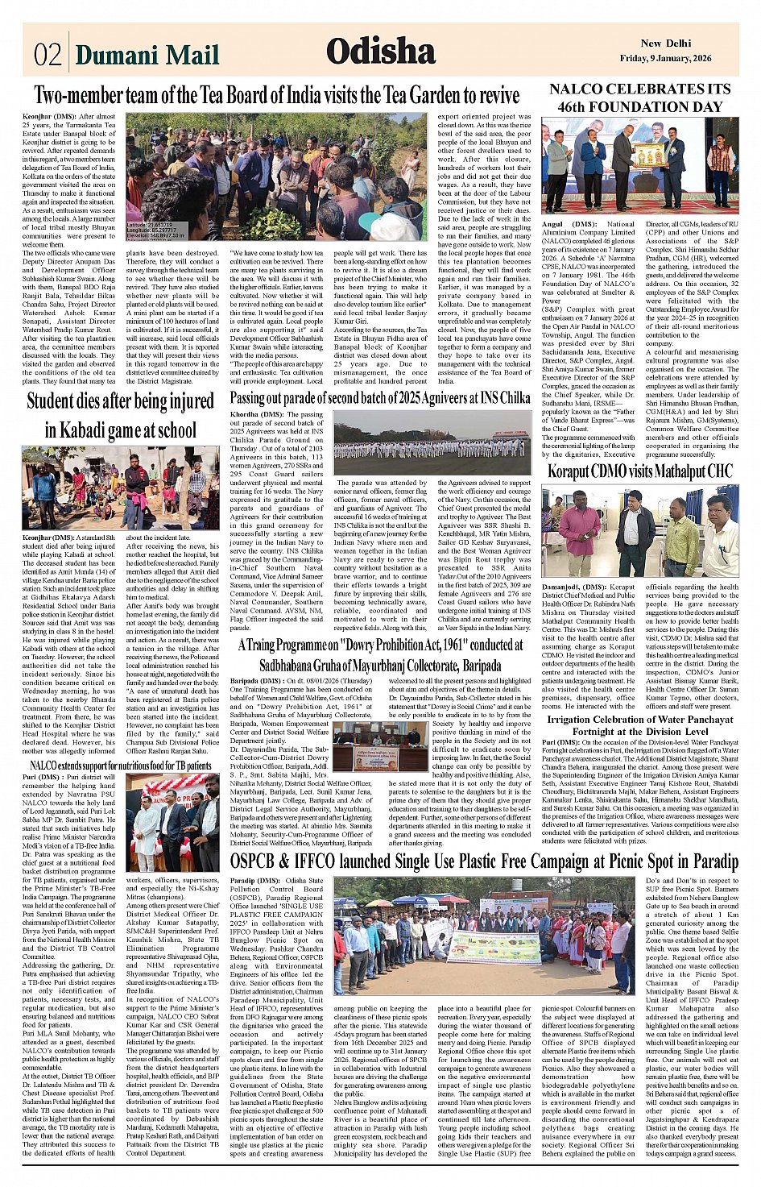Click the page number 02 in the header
48,55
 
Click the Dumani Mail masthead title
147,55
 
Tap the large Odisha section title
381,52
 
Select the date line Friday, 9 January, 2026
665,58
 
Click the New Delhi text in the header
665,44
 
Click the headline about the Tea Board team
276,95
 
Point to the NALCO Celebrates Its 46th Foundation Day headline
640,98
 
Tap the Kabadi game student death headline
120,415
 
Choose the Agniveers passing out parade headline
380,397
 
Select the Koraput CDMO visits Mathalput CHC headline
640,471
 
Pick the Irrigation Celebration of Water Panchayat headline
640,725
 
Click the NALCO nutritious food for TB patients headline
120,765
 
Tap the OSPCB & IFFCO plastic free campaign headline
483,861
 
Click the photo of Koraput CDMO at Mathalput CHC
640,531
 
